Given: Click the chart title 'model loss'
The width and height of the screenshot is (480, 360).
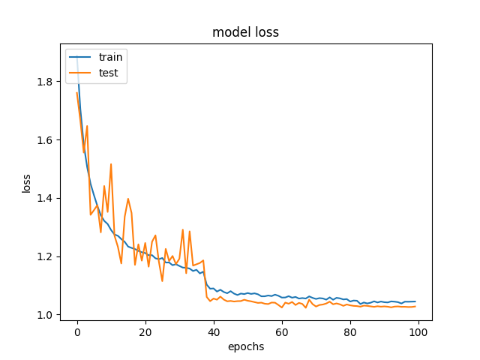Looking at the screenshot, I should [x=245, y=32].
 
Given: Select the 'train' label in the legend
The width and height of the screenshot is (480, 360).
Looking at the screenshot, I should [x=109, y=56].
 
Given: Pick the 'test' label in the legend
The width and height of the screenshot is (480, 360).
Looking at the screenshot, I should [x=108, y=72].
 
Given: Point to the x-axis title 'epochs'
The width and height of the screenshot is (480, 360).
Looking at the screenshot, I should [x=245, y=346].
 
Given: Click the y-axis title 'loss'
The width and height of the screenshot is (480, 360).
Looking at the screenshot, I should [x=27, y=183].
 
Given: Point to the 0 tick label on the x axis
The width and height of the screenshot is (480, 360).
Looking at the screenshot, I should [x=77, y=332].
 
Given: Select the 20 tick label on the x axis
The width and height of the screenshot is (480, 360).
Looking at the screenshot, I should [x=145, y=332].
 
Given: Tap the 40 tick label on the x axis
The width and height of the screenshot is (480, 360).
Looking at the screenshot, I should [x=214, y=332].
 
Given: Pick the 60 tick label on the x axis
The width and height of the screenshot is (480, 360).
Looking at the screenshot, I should [x=282, y=332].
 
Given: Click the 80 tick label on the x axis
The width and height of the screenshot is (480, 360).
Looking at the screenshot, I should [x=350, y=332].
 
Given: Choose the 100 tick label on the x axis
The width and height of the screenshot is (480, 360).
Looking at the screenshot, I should [x=418, y=332].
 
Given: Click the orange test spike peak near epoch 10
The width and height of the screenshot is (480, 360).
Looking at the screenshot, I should [x=111, y=163].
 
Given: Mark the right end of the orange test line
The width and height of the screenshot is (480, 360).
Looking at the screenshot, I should [x=415, y=306].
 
